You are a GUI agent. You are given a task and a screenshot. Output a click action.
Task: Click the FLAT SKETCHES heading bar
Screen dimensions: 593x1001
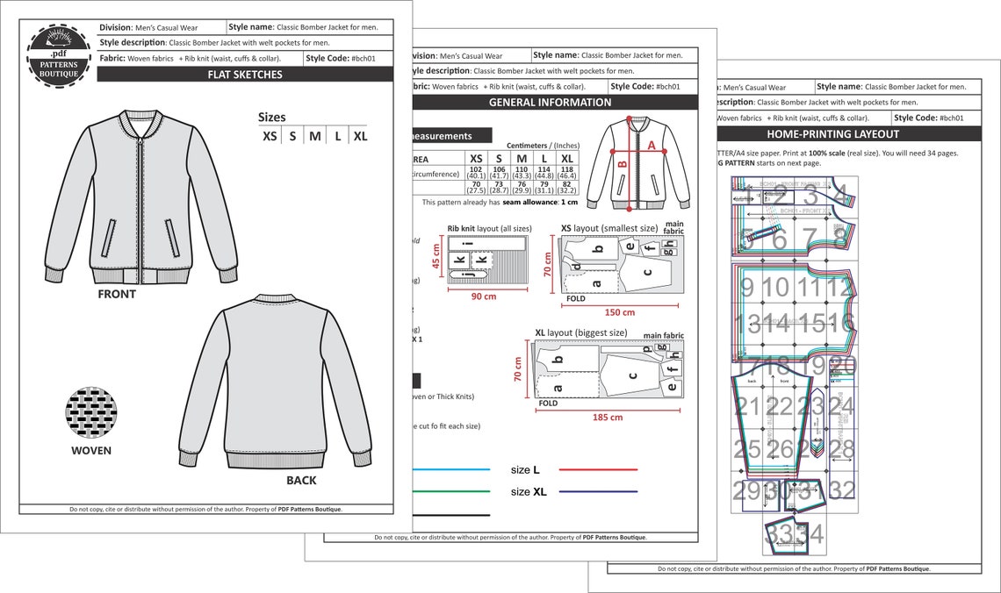point(245,75)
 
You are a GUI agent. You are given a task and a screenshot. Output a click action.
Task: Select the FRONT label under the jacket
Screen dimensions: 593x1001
point(117,295)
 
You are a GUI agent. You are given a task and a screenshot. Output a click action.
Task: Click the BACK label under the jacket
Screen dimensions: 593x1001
point(301,481)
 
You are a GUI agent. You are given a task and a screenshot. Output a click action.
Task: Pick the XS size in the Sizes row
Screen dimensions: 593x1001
point(270,137)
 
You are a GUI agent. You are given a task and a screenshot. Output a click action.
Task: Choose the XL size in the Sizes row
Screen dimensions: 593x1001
point(360,137)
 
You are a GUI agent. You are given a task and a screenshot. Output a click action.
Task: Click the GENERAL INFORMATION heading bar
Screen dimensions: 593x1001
point(550,103)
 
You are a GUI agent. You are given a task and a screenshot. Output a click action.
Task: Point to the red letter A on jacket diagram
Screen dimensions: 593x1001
point(651,145)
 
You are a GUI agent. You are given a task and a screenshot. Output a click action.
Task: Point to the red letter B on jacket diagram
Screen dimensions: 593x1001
point(622,163)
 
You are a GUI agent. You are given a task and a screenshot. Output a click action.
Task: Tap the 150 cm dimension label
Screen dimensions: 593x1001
point(621,312)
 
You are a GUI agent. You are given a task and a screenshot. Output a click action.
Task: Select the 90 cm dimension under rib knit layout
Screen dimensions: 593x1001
point(483,296)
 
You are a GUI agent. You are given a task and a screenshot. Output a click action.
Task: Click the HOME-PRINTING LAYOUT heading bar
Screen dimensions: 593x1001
point(832,134)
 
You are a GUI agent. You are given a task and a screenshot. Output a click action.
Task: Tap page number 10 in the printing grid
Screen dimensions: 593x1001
point(774,288)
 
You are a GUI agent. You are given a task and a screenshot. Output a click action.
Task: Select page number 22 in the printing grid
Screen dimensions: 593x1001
point(778,406)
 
